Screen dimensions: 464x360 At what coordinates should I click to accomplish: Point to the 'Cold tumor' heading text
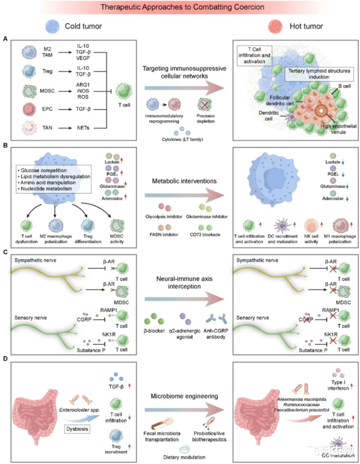click(x=83, y=25)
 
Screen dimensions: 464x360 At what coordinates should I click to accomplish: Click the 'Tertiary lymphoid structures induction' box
click(x=319, y=74)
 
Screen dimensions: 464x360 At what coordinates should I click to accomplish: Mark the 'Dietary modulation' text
click(x=186, y=456)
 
